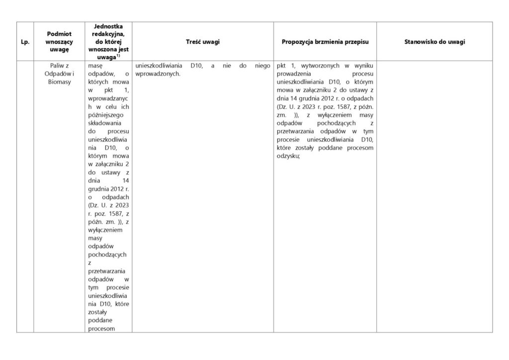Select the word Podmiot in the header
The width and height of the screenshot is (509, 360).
[59, 33]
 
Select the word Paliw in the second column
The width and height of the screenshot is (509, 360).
[55, 66]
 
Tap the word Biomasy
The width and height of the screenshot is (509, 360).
[59, 82]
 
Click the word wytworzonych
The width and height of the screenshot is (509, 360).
[317, 66]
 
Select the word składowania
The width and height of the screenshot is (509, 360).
[103, 122]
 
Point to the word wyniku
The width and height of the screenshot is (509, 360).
[364, 66]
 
